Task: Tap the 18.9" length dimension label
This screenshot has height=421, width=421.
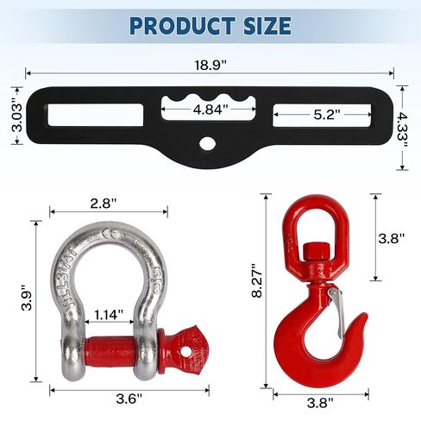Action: pyautogui.click(x=210, y=64)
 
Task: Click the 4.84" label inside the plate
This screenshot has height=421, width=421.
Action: pyautogui.click(x=210, y=110)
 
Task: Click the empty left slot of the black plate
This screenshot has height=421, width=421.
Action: pyautogui.click(x=85, y=113)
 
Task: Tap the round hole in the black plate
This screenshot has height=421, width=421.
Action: pyautogui.click(x=209, y=143)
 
